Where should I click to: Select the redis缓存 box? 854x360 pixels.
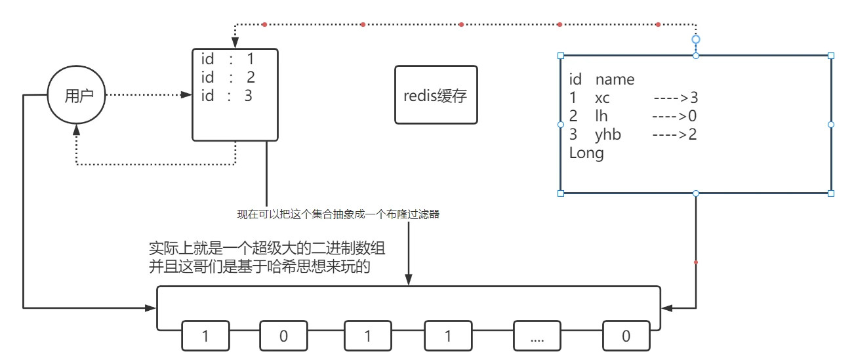pyautogui.click(x=436, y=95)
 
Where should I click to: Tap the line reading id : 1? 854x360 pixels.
pyautogui.click(x=228, y=60)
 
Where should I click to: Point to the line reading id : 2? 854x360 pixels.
pyautogui.click(x=228, y=77)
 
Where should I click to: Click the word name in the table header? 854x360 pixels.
pyautogui.click(x=615, y=80)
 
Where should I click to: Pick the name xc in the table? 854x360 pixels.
pyautogui.click(x=602, y=98)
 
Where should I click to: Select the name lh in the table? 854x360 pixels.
pyautogui.click(x=601, y=117)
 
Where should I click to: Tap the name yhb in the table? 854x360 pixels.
pyautogui.click(x=608, y=135)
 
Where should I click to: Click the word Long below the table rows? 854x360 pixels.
pyautogui.click(x=586, y=153)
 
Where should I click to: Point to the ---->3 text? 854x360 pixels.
pyautogui.click(x=676, y=98)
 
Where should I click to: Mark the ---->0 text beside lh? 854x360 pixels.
pyautogui.click(x=674, y=117)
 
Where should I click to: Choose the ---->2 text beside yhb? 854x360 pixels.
pyautogui.click(x=674, y=135)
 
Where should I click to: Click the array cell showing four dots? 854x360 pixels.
pyautogui.click(x=537, y=336)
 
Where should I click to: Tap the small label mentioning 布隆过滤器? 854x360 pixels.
pyautogui.click(x=338, y=214)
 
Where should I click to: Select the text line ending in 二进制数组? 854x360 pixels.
pyautogui.click(x=267, y=249)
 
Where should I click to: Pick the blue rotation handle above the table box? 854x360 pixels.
pyautogui.click(x=696, y=39)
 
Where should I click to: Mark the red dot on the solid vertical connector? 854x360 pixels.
pyautogui.click(x=696, y=262)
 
